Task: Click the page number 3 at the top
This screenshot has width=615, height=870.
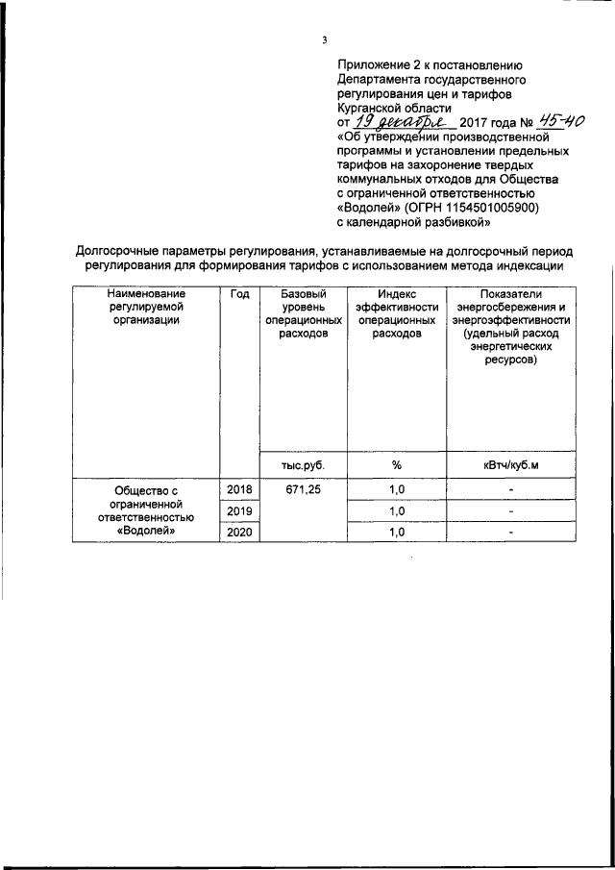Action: [x=324, y=39]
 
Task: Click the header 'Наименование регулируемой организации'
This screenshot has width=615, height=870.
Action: [x=146, y=307]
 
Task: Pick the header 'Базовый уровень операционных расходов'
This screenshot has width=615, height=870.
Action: [x=302, y=313]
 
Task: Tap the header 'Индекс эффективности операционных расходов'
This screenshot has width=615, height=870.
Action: [x=396, y=313]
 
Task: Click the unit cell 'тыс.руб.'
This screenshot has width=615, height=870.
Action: [x=302, y=465]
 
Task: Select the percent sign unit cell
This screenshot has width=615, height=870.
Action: [x=396, y=465]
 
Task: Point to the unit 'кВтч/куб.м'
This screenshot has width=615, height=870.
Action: [x=511, y=465]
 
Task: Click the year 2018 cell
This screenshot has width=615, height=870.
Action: [x=239, y=490]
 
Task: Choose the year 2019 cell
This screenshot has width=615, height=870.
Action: [x=239, y=510]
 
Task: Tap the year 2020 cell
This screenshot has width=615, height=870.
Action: [x=239, y=532]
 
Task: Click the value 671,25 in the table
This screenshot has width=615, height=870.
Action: [x=302, y=490]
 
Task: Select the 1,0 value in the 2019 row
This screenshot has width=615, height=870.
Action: [x=396, y=510]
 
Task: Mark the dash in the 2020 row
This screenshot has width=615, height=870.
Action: [x=511, y=532]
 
